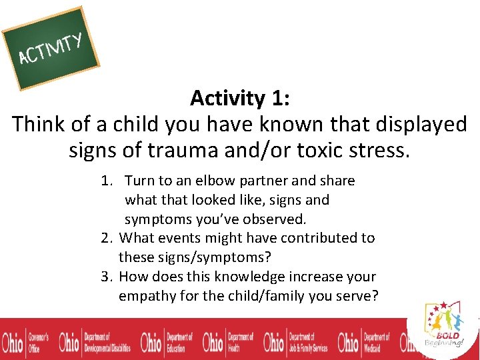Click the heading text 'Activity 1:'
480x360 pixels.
(239, 98)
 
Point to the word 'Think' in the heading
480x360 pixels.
(40, 124)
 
